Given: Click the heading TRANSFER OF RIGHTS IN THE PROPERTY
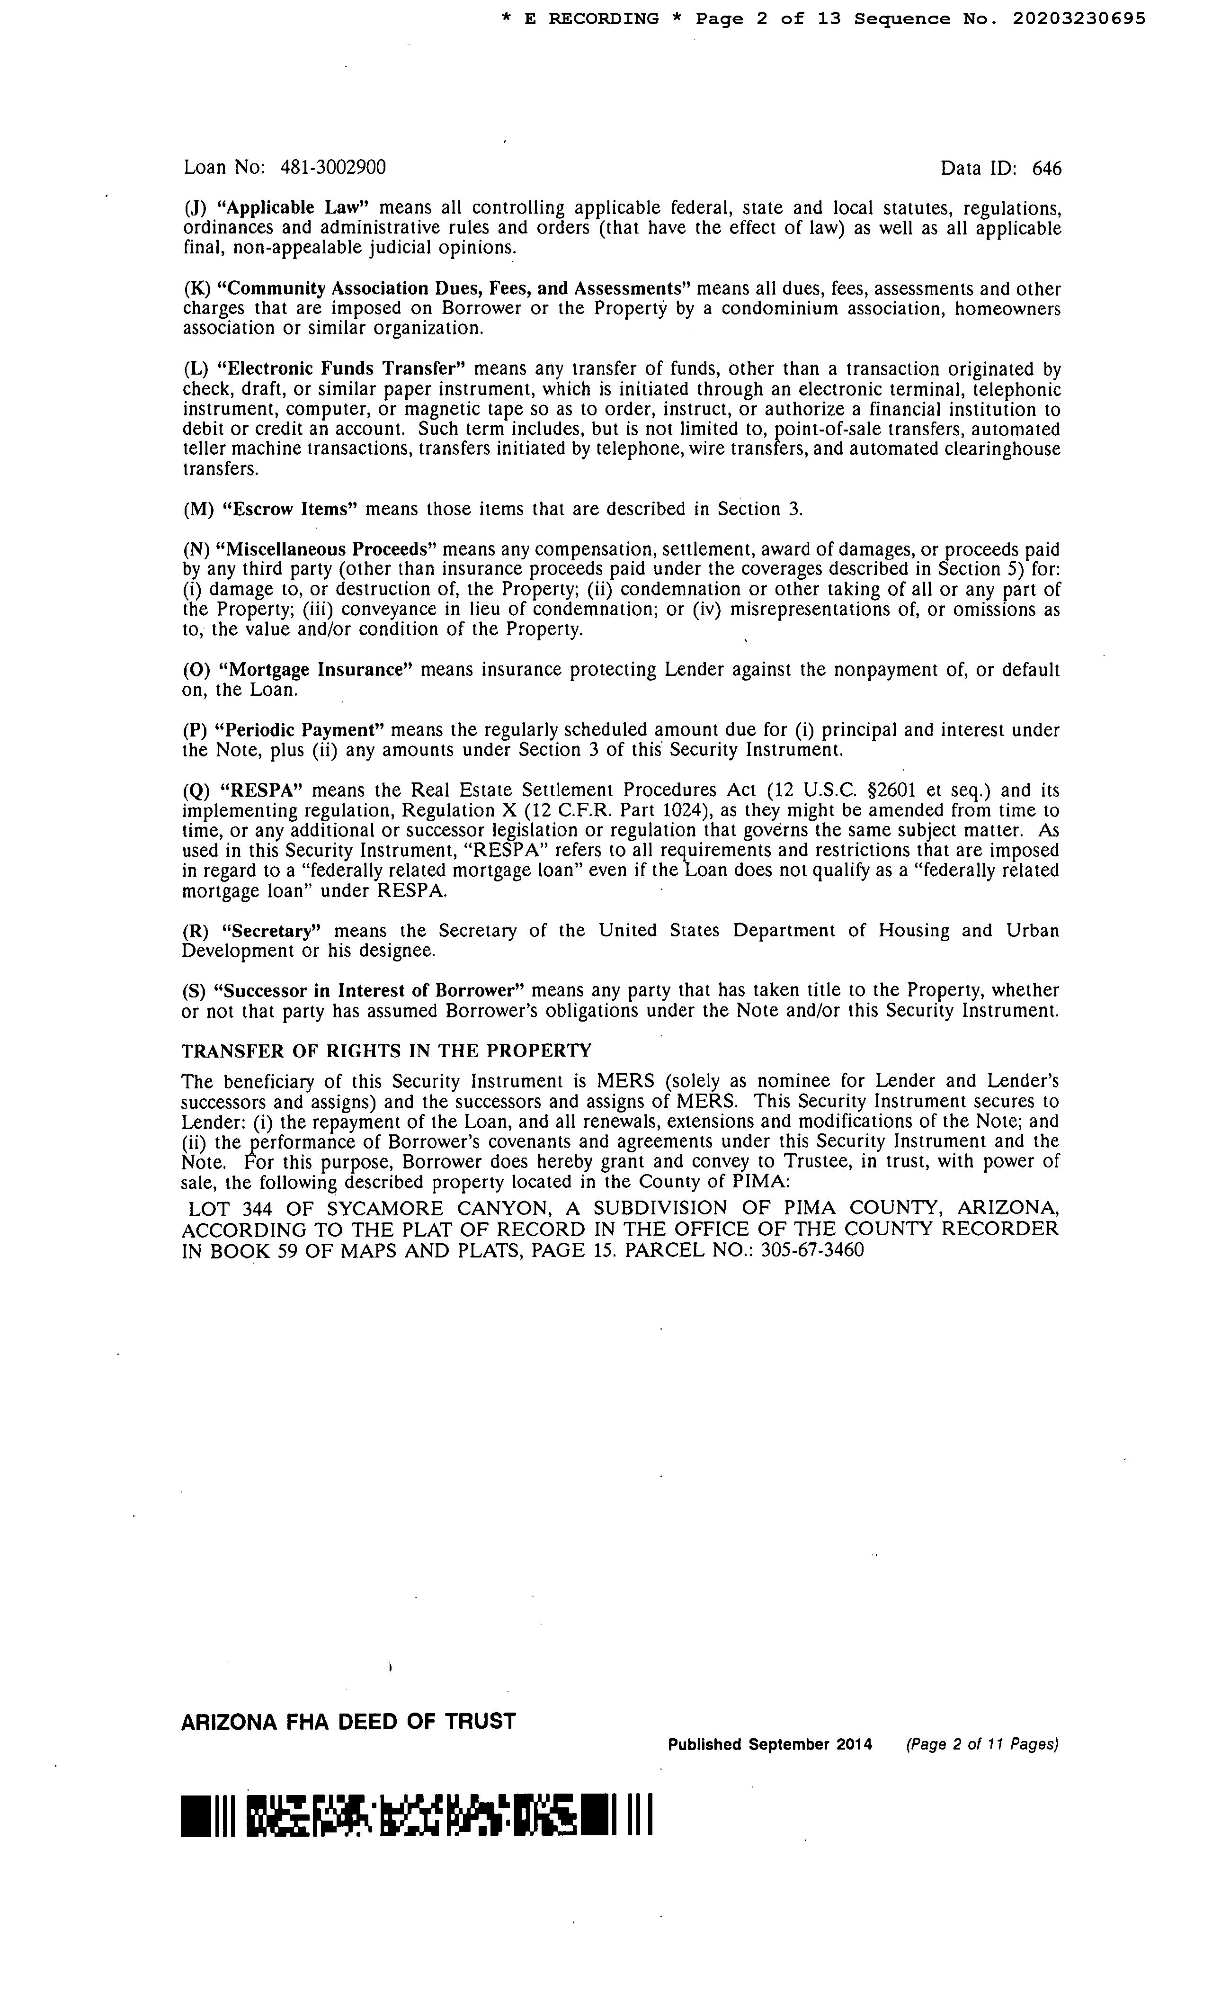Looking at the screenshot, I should point(386,1050).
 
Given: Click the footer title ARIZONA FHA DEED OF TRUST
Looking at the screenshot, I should point(348,1721).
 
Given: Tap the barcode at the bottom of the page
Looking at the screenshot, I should point(417,1815).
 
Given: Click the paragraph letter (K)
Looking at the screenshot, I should point(196,289).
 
